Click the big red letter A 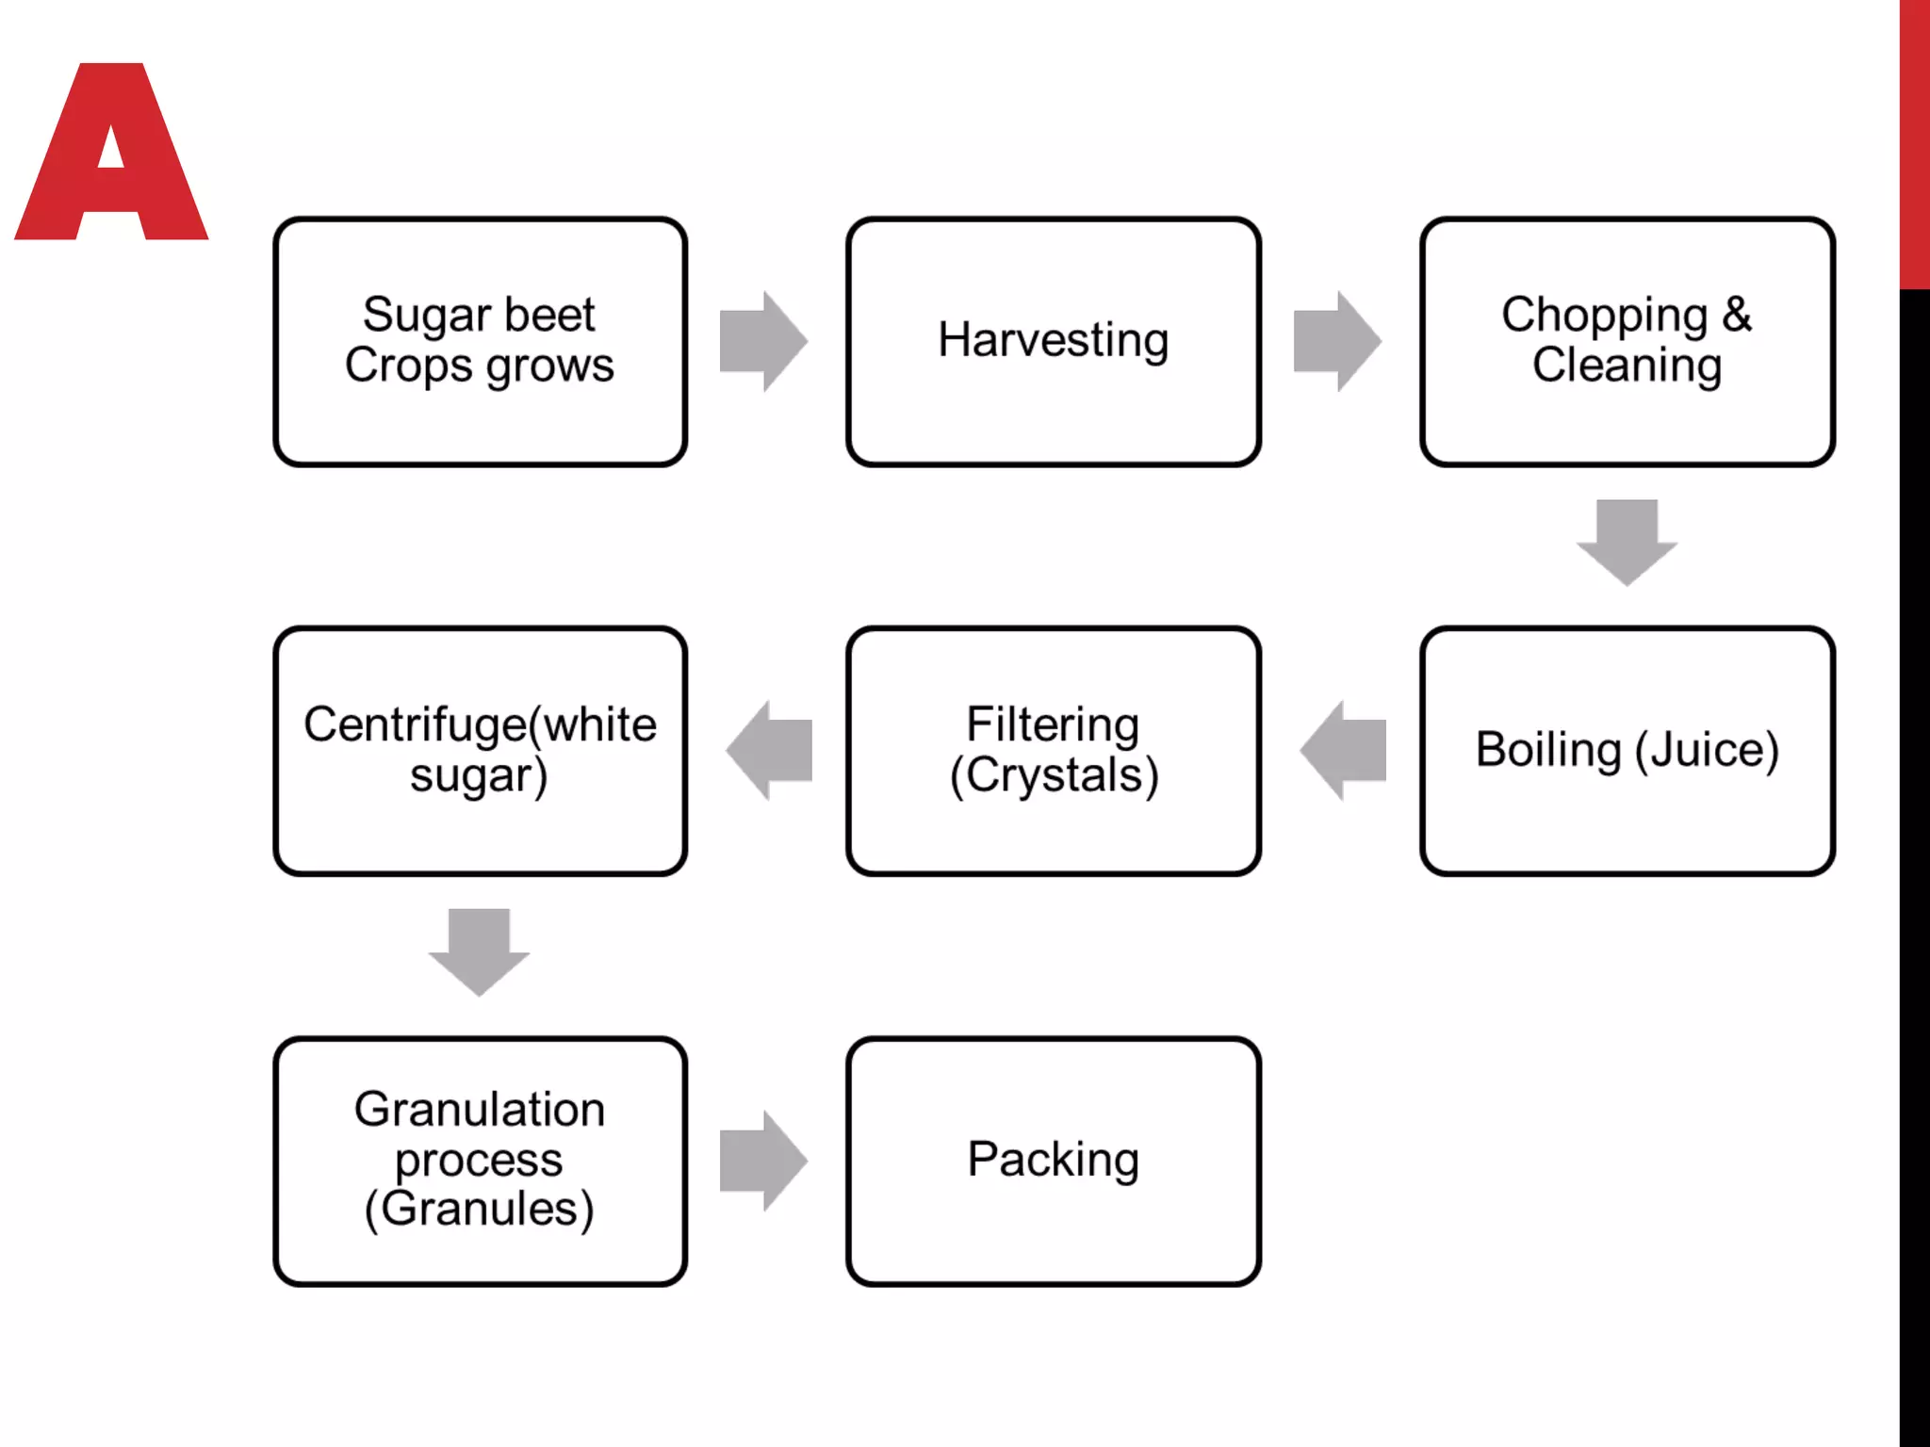[x=111, y=188]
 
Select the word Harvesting [x=1053, y=340]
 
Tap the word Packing [x=1053, y=1159]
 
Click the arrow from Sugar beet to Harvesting [x=762, y=341]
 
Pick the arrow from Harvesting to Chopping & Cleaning [x=1336, y=341]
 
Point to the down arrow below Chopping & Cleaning [x=1627, y=542]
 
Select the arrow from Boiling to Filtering [x=1344, y=750]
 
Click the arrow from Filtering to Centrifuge [x=770, y=750]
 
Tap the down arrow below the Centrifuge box [x=479, y=951]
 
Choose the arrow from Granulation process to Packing [x=762, y=1160]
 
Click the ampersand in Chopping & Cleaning [x=1737, y=315]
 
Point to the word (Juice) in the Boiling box [x=1707, y=751]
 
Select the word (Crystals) [x=1053, y=775]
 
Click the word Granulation [x=479, y=1109]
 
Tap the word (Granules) [x=479, y=1210]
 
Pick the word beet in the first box [x=549, y=315]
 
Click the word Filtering [x=1053, y=724]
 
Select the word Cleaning [x=1627, y=366]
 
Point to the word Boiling [x=1548, y=751]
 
